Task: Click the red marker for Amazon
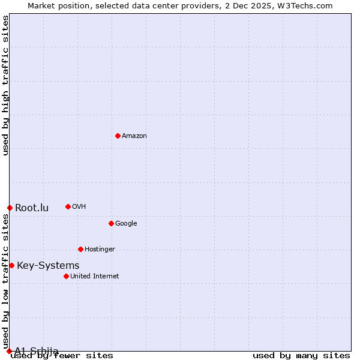coord(118,136)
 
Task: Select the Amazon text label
coord(134,136)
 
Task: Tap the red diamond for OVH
coord(68,206)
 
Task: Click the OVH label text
coord(79,207)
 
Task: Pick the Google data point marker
coord(111,223)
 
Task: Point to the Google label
coord(126,224)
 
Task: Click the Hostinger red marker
coord(80,249)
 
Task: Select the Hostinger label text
coord(100,250)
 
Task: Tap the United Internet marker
coord(66,276)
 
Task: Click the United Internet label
coord(94,277)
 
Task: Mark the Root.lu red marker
coord(10,208)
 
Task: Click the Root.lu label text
coord(32,208)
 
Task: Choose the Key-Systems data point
coord(11,265)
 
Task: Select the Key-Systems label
coord(48,266)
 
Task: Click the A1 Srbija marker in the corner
coord(9,351)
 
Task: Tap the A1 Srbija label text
coord(36,351)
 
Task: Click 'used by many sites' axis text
coord(301,356)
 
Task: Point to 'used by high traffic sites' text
coord(5,85)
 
